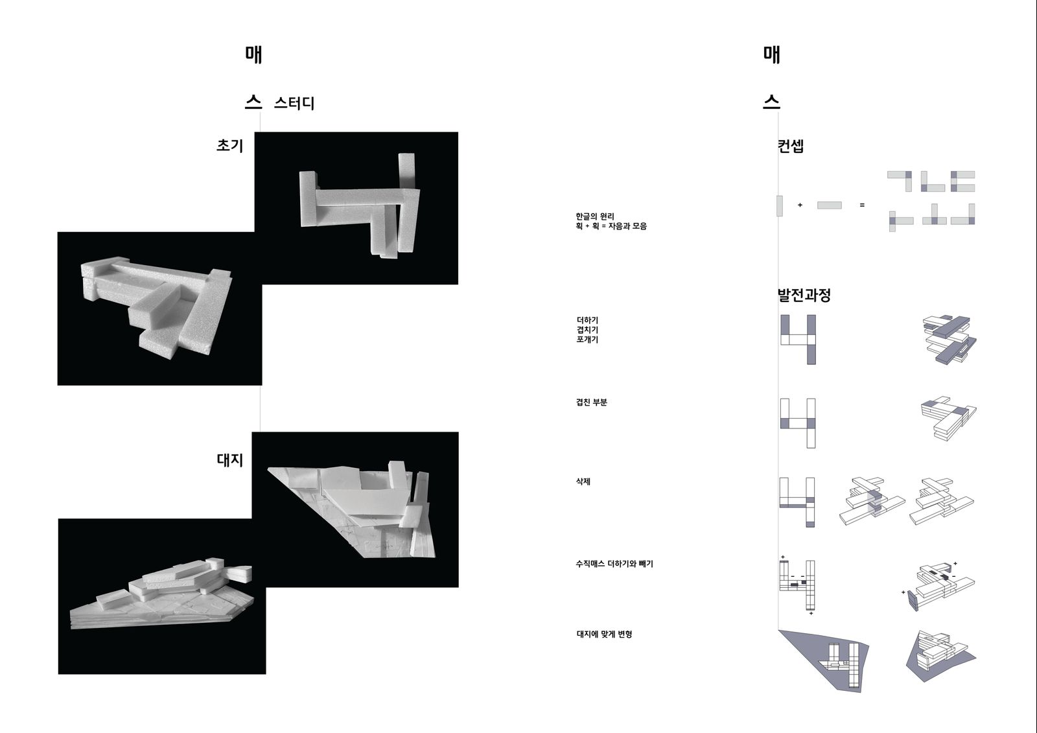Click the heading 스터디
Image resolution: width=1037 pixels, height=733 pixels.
click(x=294, y=103)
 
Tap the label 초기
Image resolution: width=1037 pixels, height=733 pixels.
click(x=229, y=145)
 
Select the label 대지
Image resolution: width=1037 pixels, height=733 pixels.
click(x=229, y=460)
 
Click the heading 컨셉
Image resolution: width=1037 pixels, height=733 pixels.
click(x=791, y=146)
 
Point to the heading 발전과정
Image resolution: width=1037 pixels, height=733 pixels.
click(x=804, y=295)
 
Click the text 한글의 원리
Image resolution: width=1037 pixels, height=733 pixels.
click(x=595, y=216)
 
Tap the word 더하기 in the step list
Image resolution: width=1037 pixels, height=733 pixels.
click(x=587, y=320)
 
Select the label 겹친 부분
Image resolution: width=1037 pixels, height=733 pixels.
click(x=592, y=402)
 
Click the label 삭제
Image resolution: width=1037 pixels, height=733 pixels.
click(x=583, y=482)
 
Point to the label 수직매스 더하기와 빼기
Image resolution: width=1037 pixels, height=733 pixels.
click(x=614, y=564)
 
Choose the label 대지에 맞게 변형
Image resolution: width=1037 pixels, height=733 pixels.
click(x=604, y=634)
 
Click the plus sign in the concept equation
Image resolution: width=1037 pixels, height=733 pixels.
click(x=800, y=205)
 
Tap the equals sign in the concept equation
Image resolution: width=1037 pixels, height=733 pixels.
click(x=862, y=205)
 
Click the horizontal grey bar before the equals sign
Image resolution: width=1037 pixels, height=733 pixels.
click(x=830, y=205)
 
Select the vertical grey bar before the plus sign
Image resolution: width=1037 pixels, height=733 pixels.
click(x=780, y=205)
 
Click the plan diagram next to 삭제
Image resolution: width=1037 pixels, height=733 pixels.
click(x=797, y=502)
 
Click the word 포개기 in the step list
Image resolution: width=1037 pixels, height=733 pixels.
click(x=587, y=340)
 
